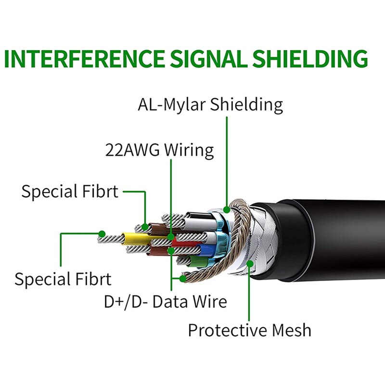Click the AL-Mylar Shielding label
[210, 104]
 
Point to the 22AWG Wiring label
[159, 150]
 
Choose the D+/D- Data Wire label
[165, 302]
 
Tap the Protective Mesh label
[249, 331]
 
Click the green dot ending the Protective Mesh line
[249, 263]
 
